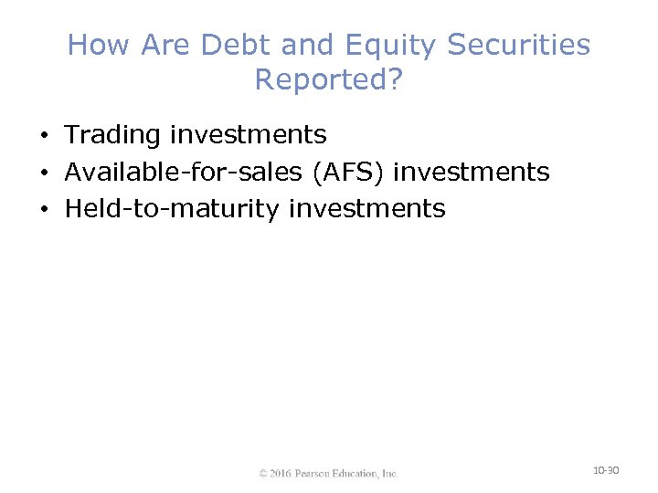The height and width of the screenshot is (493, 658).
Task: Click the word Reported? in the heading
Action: (x=328, y=80)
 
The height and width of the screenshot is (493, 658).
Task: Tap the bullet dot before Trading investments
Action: (x=44, y=137)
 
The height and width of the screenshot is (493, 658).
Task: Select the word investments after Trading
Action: (x=248, y=135)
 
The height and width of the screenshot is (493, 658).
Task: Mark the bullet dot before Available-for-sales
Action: (x=44, y=173)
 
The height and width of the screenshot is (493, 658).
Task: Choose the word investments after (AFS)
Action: (x=472, y=172)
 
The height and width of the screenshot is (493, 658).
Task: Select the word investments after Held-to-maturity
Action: (x=367, y=209)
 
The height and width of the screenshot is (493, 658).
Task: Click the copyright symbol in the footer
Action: (x=263, y=474)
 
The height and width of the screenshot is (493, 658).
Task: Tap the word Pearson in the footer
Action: (x=316, y=474)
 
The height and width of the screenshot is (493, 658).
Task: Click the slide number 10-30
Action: (x=606, y=470)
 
